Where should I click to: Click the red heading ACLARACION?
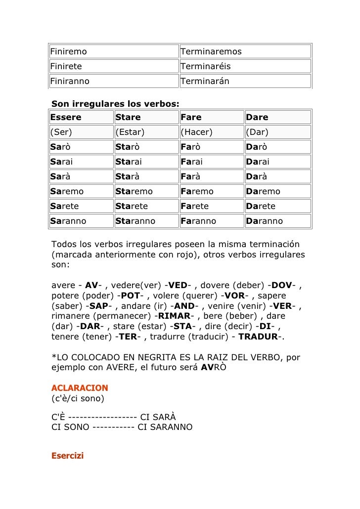tap(80, 388)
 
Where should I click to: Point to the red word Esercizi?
tap(68, 456)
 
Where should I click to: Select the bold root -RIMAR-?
tap(174, 316)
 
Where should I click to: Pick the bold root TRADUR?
tap(261, 337)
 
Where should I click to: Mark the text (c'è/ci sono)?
tap(78, 398)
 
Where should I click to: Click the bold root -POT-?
tap(131, 296)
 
